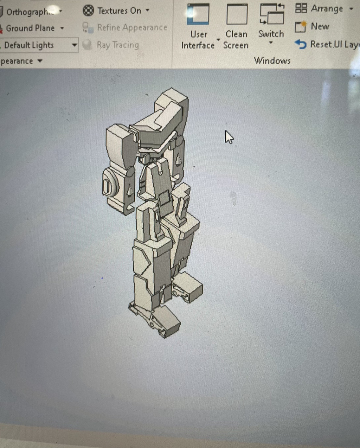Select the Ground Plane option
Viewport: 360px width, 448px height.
coord(30,28)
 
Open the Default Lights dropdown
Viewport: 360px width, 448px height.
coord(74,45)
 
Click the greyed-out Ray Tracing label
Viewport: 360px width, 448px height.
coord(118,45)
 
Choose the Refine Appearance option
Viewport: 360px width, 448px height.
coord(132,27)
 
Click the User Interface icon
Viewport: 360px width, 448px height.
coord(198,14)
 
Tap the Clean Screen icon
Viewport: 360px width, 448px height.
coord(237,14)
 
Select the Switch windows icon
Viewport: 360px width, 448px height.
coord(271,14)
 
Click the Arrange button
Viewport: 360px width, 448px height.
coord(327,8)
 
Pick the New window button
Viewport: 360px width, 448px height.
coord(320,26)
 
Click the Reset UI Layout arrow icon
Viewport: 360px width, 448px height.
coord(301,44)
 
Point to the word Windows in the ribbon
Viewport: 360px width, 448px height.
coord(272,61)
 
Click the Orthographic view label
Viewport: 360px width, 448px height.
coord(30,12)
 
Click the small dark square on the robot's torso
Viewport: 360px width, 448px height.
coord(164,199)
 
